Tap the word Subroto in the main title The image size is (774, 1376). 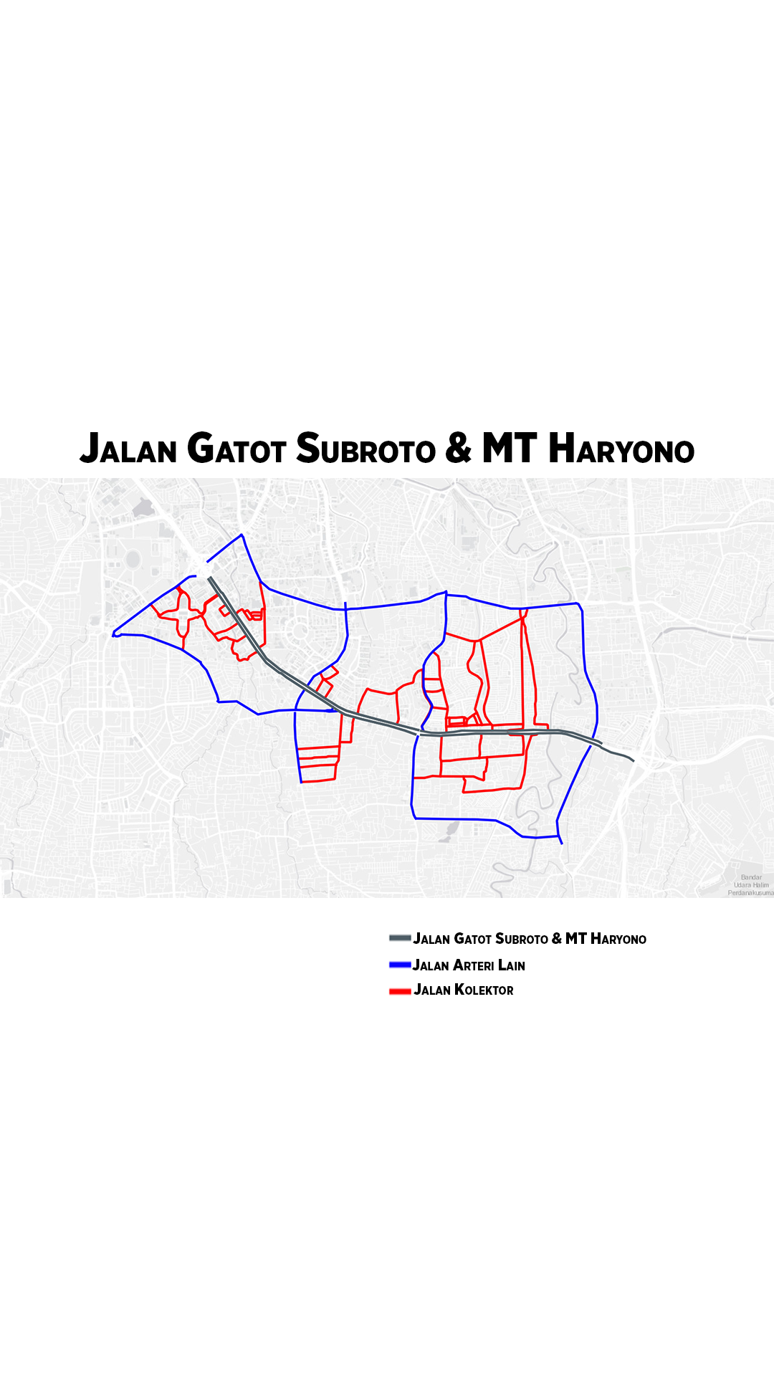[365, 449]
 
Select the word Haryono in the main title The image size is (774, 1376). [621, 449]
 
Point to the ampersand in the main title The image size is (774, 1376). [459, 449]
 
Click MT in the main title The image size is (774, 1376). [509, 449]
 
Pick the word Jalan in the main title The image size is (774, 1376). [128, 449]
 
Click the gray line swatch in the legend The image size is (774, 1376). [399, 938]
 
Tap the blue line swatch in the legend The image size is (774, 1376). [399, 965]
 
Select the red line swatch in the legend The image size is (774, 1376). [399, 991]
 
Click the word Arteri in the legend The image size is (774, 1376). [473, 965]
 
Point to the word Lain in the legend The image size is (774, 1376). [512, 965]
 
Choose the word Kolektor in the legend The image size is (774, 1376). [484, 990]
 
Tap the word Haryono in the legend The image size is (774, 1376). [618, 939]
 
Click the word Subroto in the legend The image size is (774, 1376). [522, 939]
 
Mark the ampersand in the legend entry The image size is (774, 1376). [557, 939]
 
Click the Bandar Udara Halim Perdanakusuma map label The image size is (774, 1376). [750, 885]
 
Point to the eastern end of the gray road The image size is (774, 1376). [633, 760]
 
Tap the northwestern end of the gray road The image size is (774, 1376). [210, 578]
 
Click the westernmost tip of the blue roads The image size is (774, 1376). [114, 634]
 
